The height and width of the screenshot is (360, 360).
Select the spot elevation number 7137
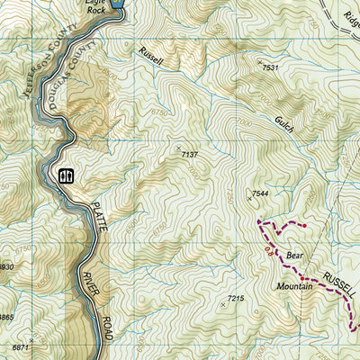(x=189, y=155)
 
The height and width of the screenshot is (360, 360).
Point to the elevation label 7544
(x=260, y=193)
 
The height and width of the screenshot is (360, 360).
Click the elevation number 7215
(x=236, y=298)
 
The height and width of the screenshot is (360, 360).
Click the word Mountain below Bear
(x=296, y=285)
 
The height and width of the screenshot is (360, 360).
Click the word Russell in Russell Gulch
(x=151, y=56)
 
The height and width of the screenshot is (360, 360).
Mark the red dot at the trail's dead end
(x=303, y=225)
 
